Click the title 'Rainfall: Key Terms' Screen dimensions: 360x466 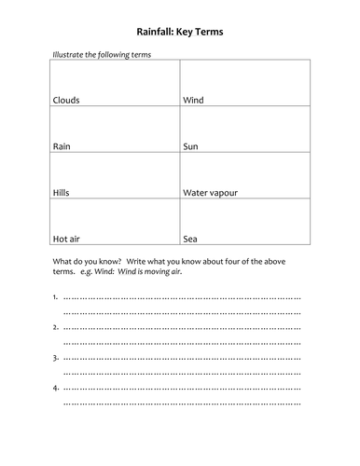click(x=181, y=32)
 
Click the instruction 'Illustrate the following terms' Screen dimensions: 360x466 click(x=102, y=54)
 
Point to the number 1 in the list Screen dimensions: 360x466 click(x=55, y=297)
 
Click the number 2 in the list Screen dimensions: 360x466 click(x=55, y=327)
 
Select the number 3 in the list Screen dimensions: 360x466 click(x=55, y=357)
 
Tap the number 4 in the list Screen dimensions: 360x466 click(x=55, y=387)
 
